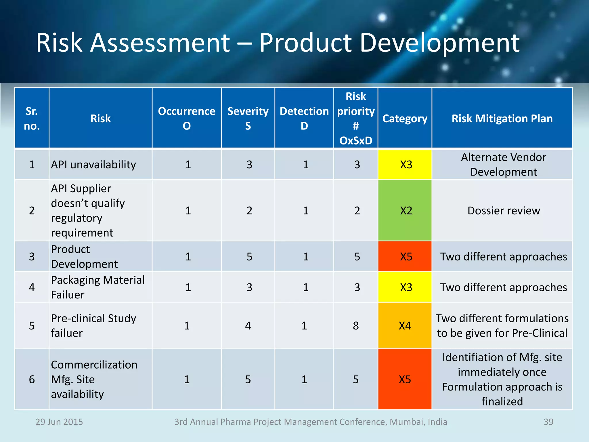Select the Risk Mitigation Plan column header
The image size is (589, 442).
pos(502,118)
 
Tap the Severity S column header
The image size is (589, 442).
pos(248,118)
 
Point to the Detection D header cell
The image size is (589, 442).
pos(304,118)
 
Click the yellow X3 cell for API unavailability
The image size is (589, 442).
pos(406,165)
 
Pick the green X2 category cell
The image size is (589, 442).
pos(406,210)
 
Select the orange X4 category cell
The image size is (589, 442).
pos(405,325)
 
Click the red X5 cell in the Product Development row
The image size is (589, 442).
pos(406,256)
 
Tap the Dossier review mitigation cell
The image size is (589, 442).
pos(504,210)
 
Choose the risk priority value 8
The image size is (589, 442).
pos(356,325)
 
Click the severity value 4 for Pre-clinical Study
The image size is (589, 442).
pos(248,325)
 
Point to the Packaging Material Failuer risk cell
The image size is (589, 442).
pos(98,287)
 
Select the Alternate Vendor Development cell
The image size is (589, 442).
pos(503,165)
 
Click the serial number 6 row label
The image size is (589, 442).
pos(32,379)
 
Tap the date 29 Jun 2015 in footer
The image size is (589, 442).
pos(59,422)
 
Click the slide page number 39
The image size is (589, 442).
pos(548,422)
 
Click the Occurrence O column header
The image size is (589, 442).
pos(186,118)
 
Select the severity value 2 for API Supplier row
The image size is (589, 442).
pos(249,210)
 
